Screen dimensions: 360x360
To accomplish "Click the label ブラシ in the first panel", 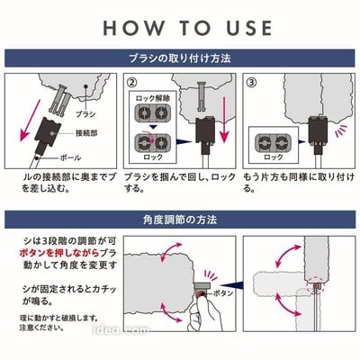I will pos(85,115).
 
